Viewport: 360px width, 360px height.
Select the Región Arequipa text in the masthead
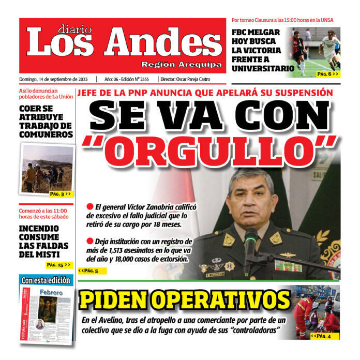[182, 65]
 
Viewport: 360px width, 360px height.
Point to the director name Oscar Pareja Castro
[199, 79]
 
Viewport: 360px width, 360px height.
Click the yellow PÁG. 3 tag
[61, 194]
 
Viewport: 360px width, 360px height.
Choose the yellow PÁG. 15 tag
[58, 265]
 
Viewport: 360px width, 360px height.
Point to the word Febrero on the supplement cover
[51, 293]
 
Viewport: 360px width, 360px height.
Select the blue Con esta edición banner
[46, 280]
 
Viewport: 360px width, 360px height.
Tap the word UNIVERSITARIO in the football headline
[263, 68]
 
